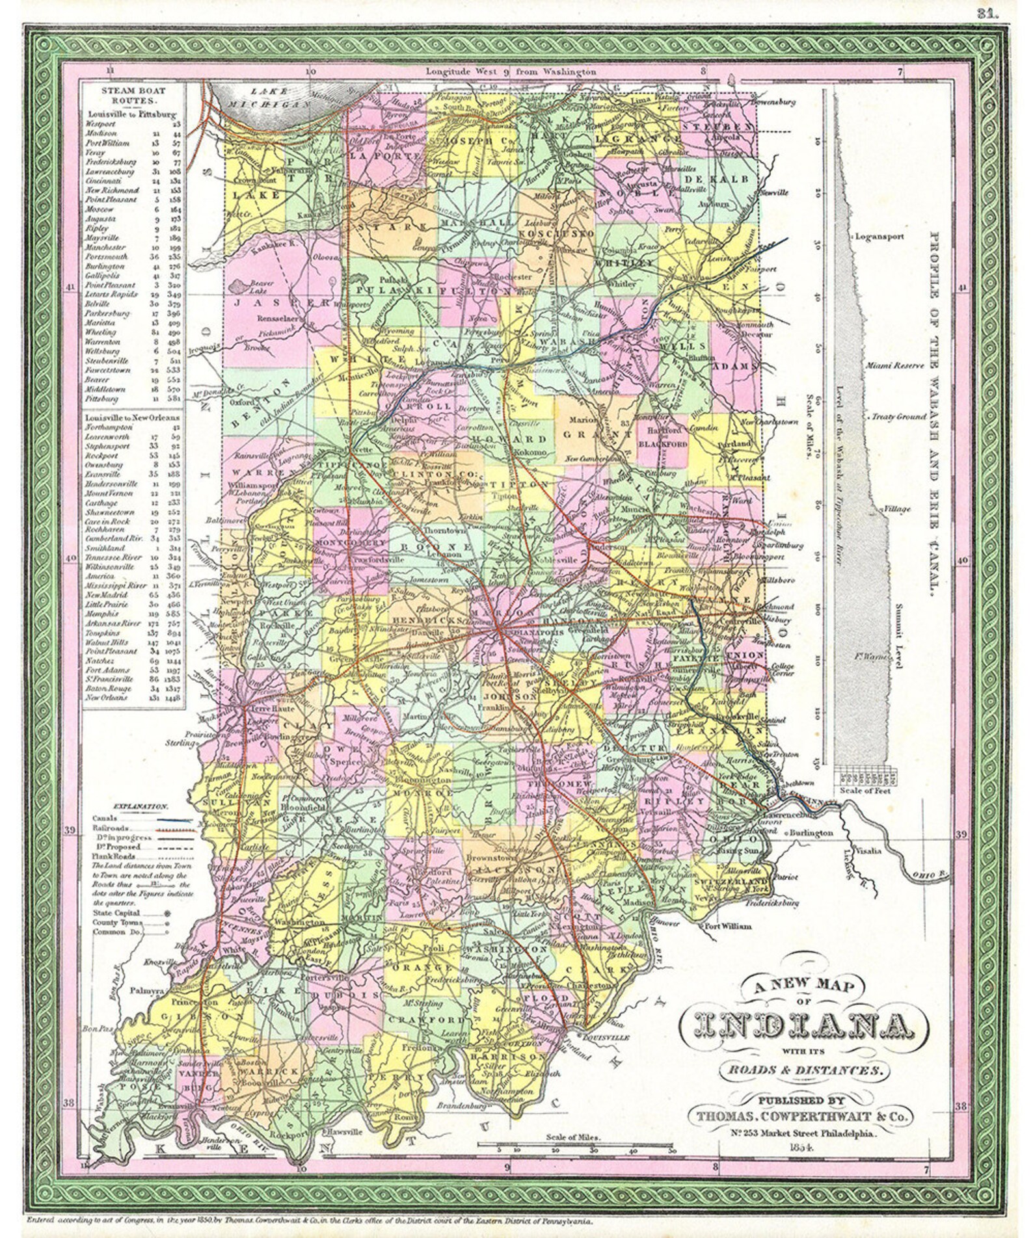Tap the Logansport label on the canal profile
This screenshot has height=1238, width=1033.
point(879,237)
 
